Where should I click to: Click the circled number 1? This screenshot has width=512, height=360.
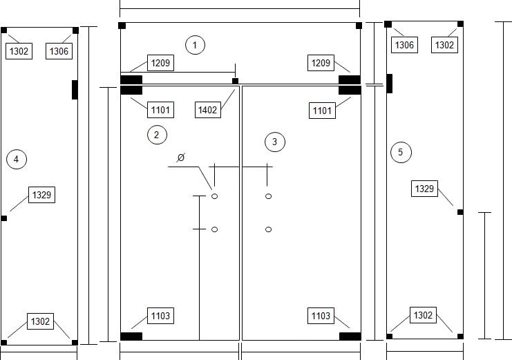(195, 45)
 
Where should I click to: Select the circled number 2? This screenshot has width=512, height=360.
(157, 135)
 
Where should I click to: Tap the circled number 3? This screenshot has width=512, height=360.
(274, 142)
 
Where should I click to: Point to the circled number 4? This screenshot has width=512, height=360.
(17, 159)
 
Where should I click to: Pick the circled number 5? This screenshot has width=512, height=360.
(401, 152)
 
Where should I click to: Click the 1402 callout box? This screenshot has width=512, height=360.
(208, 110)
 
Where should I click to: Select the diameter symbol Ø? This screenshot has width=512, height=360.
(180, 158)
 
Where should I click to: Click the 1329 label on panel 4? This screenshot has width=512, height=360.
(41, 195)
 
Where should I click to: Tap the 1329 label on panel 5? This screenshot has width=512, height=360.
(424, 189)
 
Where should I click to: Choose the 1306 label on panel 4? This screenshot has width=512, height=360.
(59, 51)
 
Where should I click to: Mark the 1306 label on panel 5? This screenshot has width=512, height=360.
(404, 45)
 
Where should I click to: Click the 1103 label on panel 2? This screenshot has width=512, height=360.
(160, 316)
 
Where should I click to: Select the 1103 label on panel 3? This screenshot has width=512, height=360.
(321, 316)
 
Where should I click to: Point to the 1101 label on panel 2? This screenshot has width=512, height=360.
(160, 110)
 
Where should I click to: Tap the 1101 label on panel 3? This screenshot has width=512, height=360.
(322, 111)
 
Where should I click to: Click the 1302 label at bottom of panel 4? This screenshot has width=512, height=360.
(40, 321)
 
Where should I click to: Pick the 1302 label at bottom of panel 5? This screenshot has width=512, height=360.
(423, 315)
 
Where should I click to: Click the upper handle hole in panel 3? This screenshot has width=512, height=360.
(268, 196)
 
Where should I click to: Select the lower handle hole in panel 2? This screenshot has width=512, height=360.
(214, 229)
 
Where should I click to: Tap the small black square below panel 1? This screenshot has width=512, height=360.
(235, 81)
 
